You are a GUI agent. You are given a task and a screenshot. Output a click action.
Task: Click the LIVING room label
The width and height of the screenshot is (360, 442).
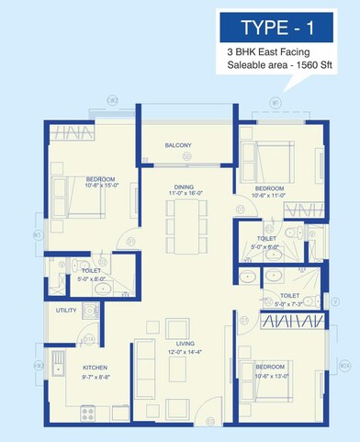[181, 345]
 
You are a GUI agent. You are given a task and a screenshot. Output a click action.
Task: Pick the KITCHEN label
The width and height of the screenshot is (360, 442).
[96, 368]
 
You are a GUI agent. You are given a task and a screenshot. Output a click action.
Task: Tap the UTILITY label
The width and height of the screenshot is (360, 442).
[66, 312]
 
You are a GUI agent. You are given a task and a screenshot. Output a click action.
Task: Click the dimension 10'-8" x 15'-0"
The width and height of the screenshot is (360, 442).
[91, 187]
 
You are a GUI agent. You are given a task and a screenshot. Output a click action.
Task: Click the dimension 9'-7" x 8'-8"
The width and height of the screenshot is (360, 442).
[96, 377]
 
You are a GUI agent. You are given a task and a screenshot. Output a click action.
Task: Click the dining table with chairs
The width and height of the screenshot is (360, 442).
[182, 225]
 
